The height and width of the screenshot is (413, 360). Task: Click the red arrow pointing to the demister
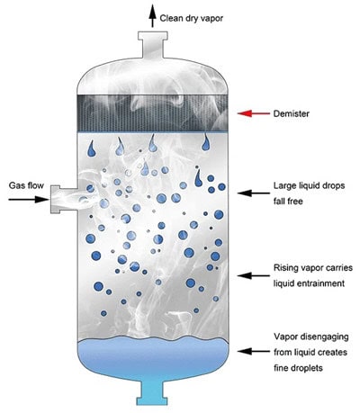(x=254, y=113)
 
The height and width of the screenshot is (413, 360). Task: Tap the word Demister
(x=291, y=113)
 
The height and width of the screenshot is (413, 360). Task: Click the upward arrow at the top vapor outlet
(x=152, y=15)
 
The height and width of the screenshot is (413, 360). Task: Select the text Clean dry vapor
(x=192, y=18)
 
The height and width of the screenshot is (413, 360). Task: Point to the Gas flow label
(x=26, y=185)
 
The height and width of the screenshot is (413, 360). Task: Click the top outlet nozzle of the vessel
(x=152, y=44)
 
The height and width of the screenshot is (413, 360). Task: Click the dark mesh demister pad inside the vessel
(x=153, y=113)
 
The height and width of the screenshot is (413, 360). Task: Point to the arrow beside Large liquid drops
(x=254, y=193)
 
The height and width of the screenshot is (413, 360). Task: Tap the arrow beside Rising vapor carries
(x=254, y=275)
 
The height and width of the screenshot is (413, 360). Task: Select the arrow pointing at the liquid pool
(x=254, y=351)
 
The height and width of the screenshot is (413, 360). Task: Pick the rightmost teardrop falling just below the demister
(x=206, y=142)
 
